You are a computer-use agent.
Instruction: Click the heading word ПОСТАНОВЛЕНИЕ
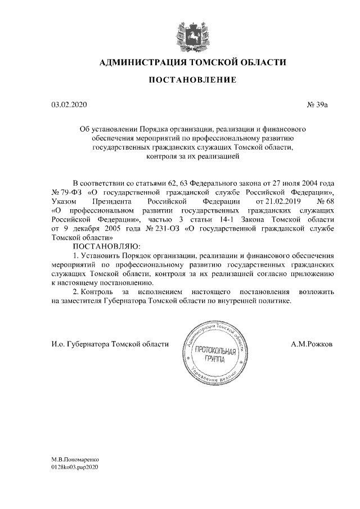coord(192,80)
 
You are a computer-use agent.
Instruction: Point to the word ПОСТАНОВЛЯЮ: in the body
coord(105,246)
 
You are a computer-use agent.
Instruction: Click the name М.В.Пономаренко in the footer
coord(75,459)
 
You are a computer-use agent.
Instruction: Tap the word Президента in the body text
coord(113,201)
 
